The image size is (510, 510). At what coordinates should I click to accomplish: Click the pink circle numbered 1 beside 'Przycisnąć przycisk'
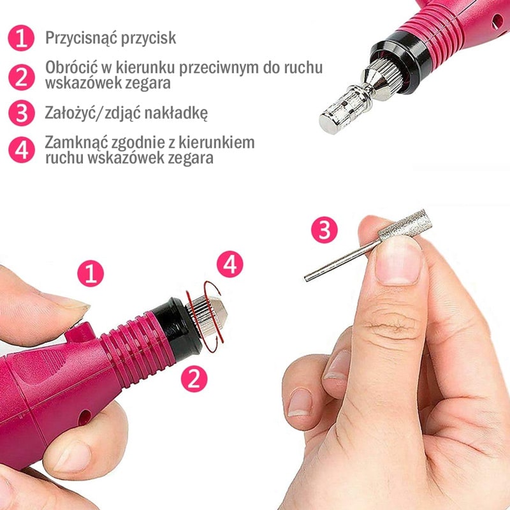[21, 38]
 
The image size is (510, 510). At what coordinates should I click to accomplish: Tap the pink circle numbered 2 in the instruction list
[22, 77]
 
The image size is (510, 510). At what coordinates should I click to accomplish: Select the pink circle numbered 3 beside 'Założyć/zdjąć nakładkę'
[22, 113]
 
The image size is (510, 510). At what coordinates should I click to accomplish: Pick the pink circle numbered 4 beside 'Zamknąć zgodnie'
[22, 150]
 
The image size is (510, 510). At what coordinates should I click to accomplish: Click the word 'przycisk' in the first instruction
[149, 38]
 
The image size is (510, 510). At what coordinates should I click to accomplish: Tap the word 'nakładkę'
[176, 113]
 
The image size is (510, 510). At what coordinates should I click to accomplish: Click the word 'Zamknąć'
[76, 142]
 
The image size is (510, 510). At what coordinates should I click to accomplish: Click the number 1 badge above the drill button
[91, 273]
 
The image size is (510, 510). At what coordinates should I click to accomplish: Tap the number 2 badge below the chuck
[194, 379]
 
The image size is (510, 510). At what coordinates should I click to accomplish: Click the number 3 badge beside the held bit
[324, 230]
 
